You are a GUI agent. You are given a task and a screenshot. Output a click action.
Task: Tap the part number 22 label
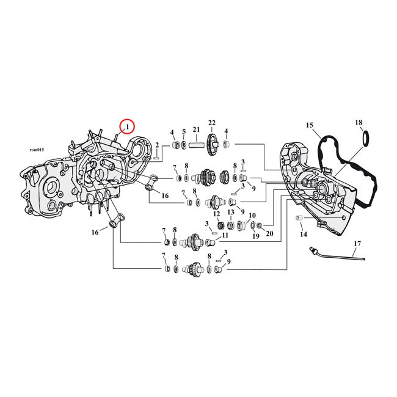point(213,123)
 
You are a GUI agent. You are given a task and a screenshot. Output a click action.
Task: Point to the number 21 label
point(196,129)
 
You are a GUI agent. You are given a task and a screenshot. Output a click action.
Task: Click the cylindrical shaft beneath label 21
point(196,145)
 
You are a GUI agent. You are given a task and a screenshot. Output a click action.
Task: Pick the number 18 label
point(359,123)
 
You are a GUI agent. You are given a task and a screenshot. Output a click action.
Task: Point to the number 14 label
point(304,234)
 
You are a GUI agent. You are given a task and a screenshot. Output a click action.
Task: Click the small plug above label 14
point(299,218)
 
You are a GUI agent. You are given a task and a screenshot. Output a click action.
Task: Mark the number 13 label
point(231,212)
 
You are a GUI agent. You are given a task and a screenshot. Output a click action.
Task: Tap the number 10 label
point(251,215)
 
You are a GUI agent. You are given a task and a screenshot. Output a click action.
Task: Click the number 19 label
point(256,235)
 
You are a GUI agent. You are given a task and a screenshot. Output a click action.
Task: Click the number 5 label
point(183,132)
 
